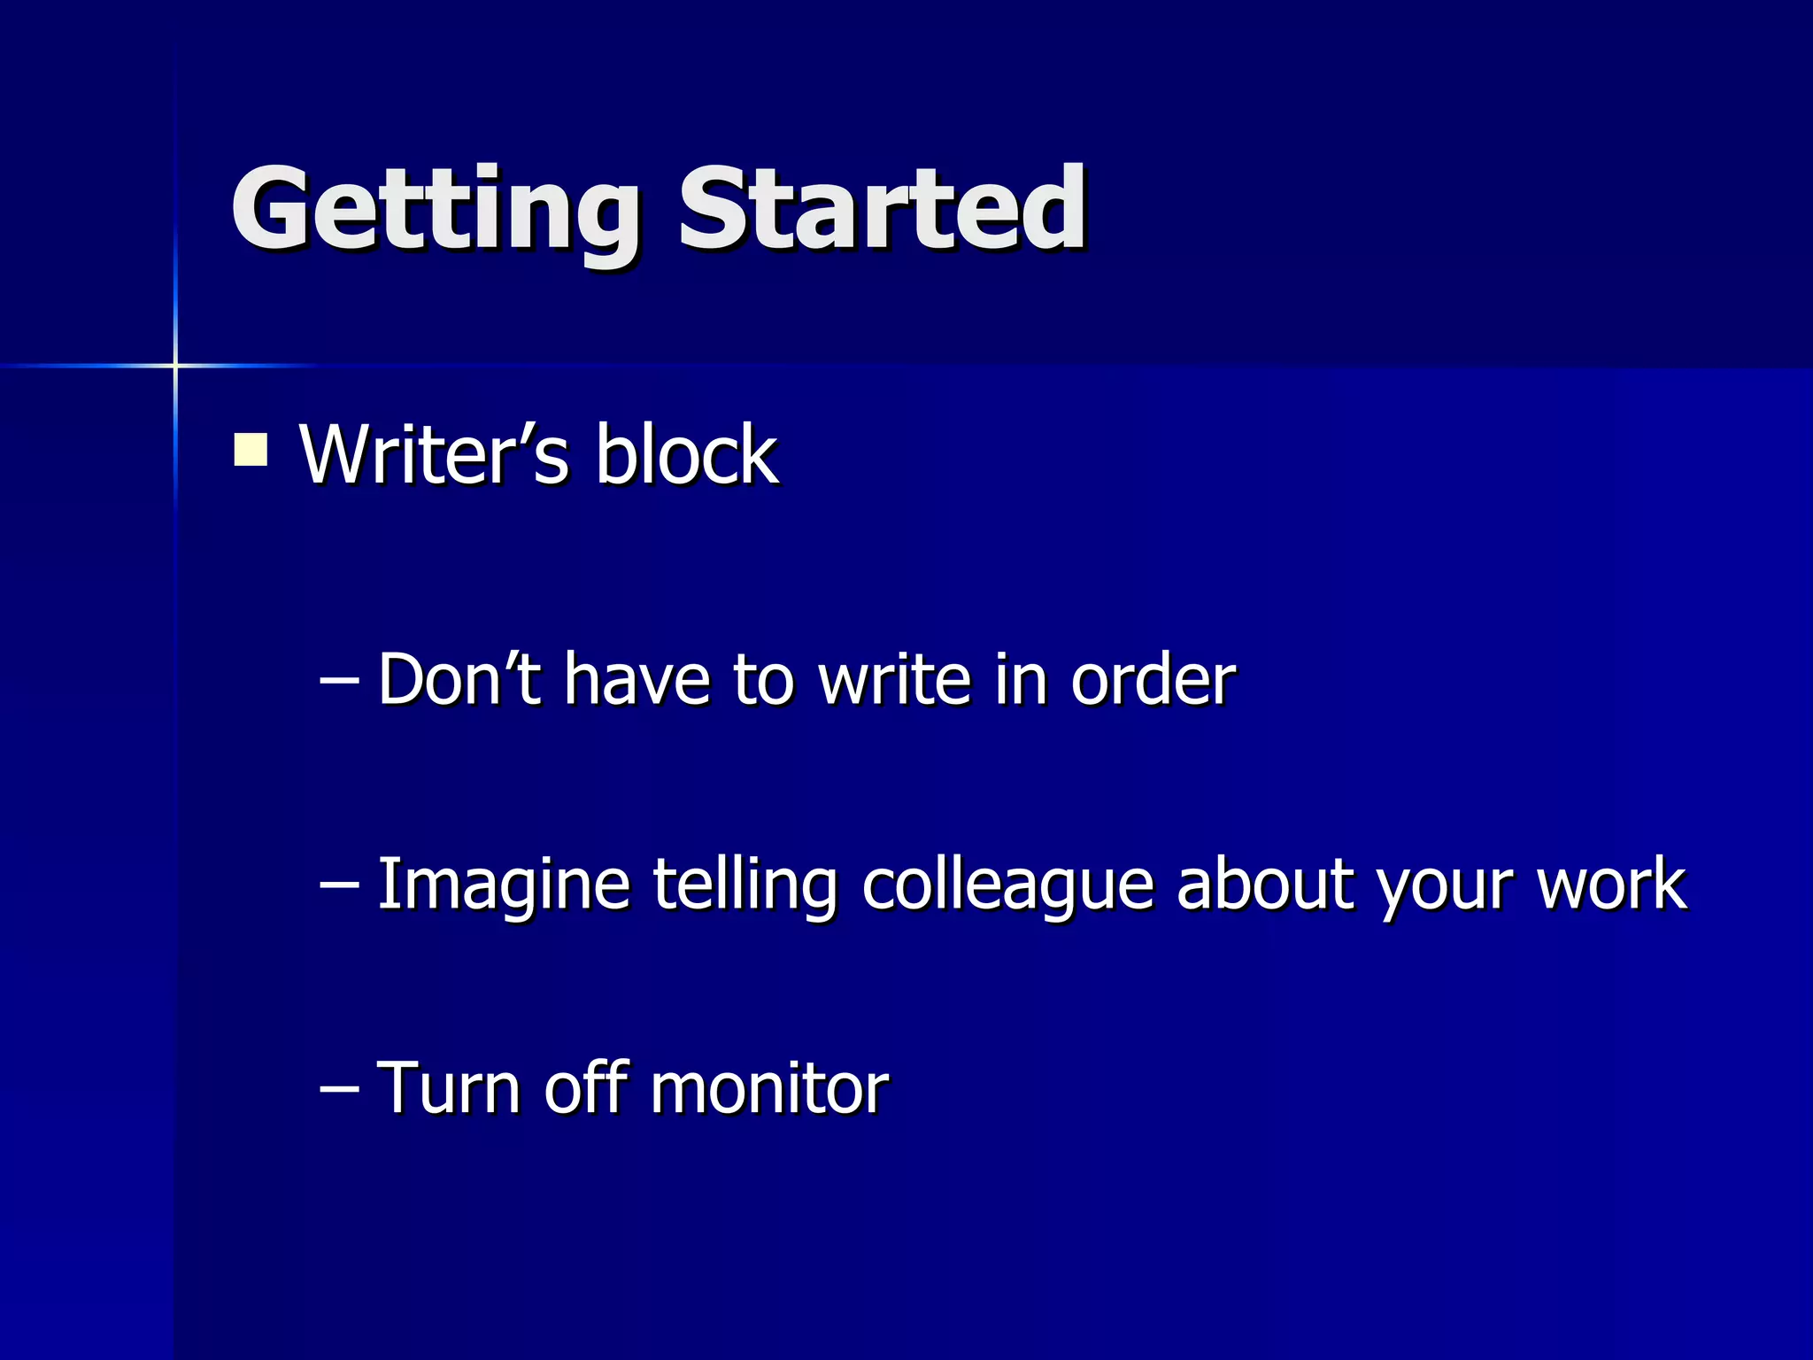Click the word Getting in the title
[x=434, y=212]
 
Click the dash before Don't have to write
[x=339, y=681]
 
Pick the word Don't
[x=459, y=679]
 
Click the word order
[x=1153, y=679]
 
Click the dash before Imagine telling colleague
[x=339, y=885]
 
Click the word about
[x=1266, y=884]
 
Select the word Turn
[x=449, y=1087]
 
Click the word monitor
[x=768, y=1087]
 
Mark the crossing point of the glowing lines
[x=175, y=365]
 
